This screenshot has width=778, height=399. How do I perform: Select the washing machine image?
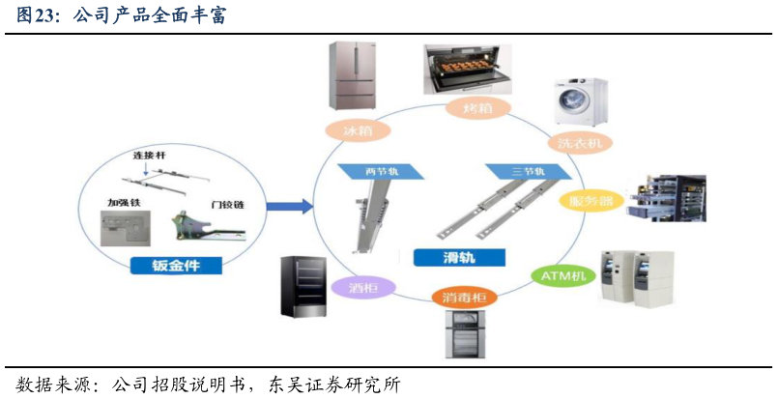click(580, 102)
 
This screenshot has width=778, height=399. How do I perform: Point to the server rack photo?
click(666, 198)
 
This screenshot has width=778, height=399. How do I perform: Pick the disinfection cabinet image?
click(466, 333)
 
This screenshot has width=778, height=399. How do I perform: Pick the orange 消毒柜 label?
click(464, 296)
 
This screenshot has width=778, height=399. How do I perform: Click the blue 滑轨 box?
click(458, 257)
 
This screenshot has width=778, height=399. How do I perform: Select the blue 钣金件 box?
click(175, 265)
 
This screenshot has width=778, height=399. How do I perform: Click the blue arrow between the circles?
click(288, 206)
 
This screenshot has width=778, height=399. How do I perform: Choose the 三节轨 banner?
click(528, 171)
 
